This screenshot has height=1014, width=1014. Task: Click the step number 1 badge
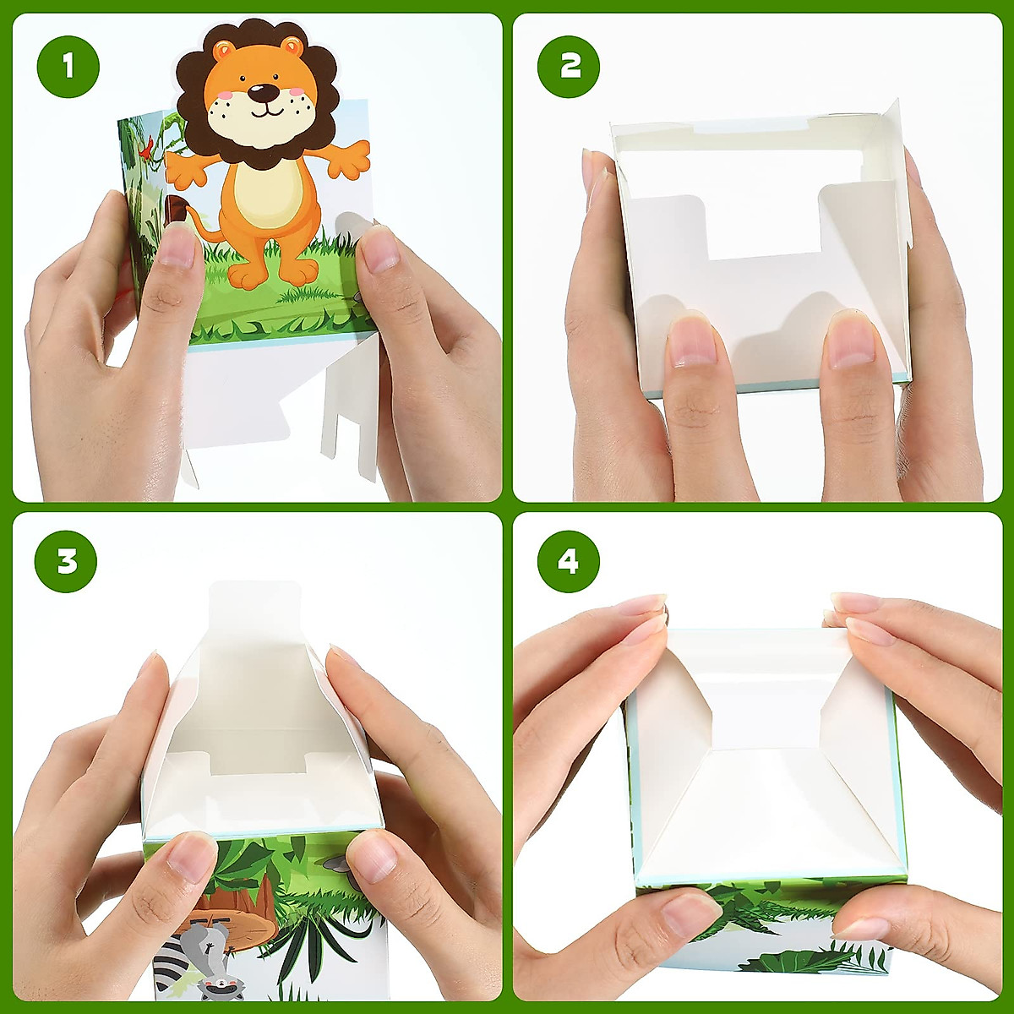[68, 66]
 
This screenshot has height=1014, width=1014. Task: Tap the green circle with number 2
[569, 66]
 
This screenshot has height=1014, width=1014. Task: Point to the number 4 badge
[569, 561]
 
